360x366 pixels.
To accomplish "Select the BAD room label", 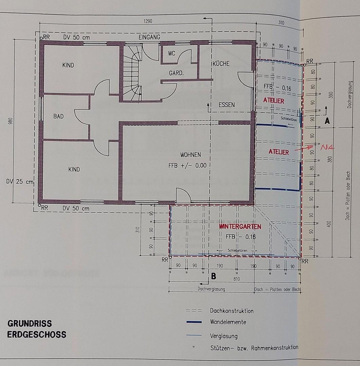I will click(x=59, y=116).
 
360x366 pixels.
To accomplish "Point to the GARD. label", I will click(x=176, y=73).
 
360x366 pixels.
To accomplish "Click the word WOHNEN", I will click(x=191, y=155).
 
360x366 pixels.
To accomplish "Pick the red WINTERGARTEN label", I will click(x=240, y=226).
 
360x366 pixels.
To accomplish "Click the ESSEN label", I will click(x=226, y=105).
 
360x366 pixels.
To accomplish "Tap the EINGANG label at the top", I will click(x=149, y=37).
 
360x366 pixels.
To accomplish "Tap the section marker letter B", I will click(x=214, y=276).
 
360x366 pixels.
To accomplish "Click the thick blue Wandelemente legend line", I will click(x=194, y=322).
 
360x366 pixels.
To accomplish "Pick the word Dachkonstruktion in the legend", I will click(x=232, y=311).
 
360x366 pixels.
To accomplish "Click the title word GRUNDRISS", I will click(x=29, y=323).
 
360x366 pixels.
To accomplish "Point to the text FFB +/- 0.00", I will click(x=187, y=166).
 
